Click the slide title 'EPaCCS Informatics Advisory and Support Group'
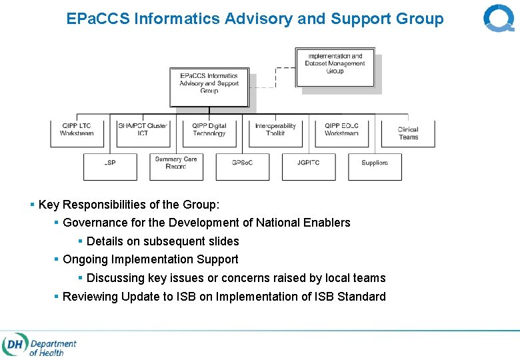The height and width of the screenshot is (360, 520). coord(255,19)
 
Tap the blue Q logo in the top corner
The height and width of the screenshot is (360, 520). coord(499,18)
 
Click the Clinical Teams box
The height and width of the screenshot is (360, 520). coord(408,133)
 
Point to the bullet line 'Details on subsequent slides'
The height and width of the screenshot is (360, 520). coord(163,241)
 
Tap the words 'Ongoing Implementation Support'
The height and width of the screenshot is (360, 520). coord(150,259)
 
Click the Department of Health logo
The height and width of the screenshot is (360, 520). coord(40,346)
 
